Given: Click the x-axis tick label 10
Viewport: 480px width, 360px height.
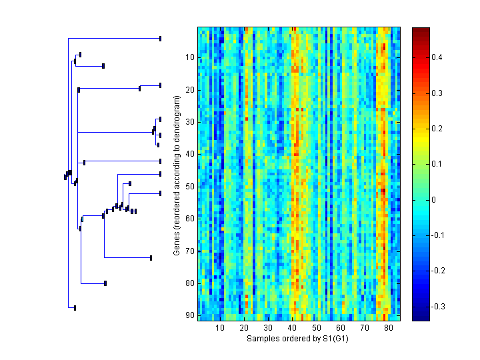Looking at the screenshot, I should (220, 329).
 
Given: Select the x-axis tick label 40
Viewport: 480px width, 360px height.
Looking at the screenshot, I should (292, 329).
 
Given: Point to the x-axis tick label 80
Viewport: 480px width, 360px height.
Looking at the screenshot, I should (389, 329).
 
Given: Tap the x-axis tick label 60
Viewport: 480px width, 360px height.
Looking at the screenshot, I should (341, 329).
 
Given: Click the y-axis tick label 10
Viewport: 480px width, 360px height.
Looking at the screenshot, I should (189, 57).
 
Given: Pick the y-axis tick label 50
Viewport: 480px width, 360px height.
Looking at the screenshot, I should (189, 187).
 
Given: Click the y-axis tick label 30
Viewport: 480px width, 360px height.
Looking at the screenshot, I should (189, 122).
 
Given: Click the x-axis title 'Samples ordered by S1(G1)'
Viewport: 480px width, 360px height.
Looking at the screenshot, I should (298, 339).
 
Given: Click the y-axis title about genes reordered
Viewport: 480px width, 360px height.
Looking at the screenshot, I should (177, 175).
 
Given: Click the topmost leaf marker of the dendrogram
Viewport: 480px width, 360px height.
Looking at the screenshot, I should (161, 38).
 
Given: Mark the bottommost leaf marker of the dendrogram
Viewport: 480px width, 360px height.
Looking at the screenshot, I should (75, 308).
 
